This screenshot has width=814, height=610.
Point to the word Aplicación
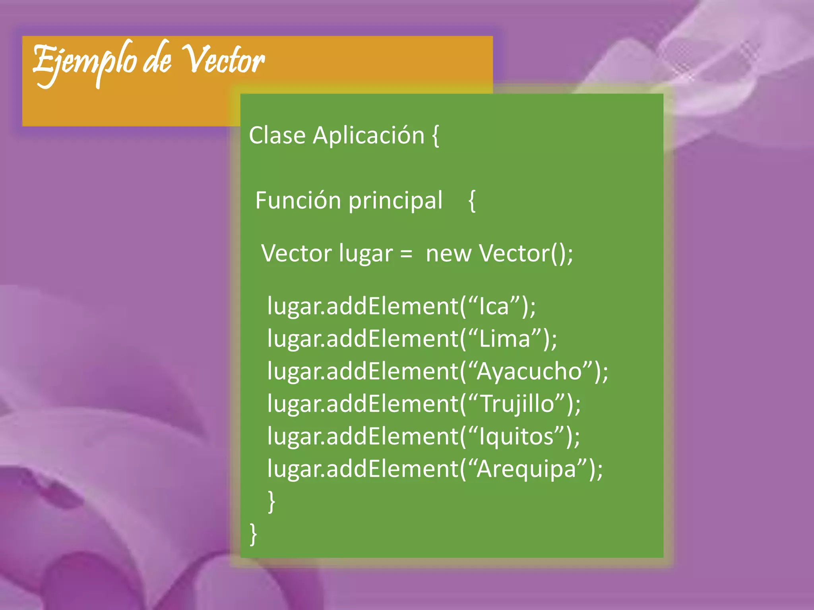click(x=368, y=135)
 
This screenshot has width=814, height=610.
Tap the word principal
click(x=395, y=201)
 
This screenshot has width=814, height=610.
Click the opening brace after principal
click(x=472, y=201)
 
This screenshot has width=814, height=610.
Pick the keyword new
click(x=448, y=254)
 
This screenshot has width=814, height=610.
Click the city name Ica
click(x=494, y=307)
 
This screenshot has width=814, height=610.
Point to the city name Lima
click(x=505, y=339)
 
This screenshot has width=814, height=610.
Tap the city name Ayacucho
click(x=529, y=372)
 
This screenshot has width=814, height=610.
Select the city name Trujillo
click(x=517, y=404)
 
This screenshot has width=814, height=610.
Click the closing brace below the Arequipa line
click(x=272, y=502)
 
